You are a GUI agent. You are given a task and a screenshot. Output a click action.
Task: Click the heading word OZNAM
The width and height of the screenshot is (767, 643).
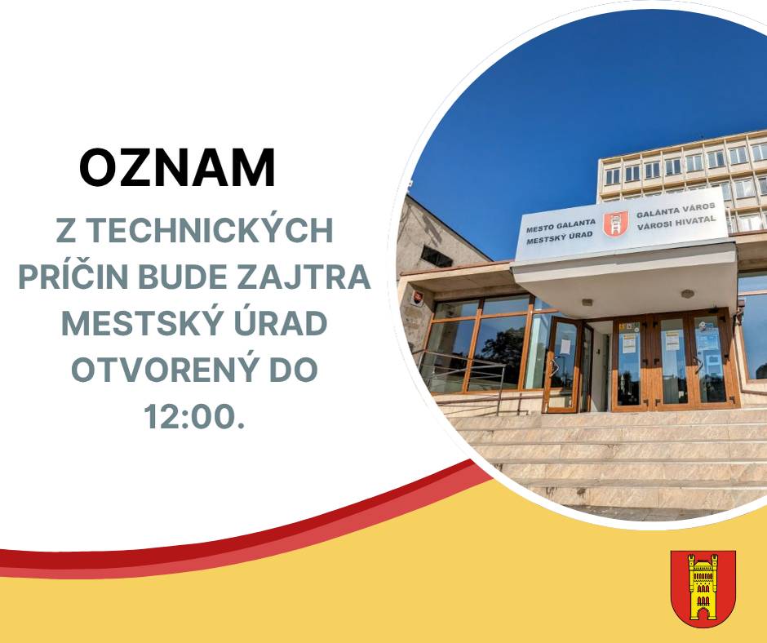(177, 168)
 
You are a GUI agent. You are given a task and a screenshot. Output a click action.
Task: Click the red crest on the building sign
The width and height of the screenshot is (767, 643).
(614, 224)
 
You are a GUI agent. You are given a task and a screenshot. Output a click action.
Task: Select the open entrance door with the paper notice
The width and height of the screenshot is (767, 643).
(564, 363)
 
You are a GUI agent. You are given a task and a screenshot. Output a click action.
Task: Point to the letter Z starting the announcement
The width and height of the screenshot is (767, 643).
(64, 231)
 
